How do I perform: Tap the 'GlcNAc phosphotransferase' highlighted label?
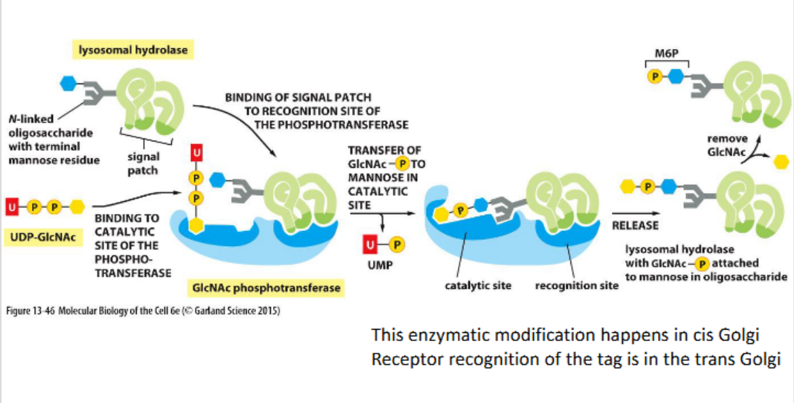(x=266, y=288)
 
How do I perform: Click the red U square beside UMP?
(x=371, y=243)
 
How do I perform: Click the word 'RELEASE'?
(x=635, y=225)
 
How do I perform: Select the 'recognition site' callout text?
(x=576, y=285)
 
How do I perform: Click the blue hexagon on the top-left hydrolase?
(x=69, y=84)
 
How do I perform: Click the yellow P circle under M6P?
(x=655, y=76)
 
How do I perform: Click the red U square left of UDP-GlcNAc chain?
(x=13, y=205)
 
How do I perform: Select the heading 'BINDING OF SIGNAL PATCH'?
(x=298, y=98)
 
